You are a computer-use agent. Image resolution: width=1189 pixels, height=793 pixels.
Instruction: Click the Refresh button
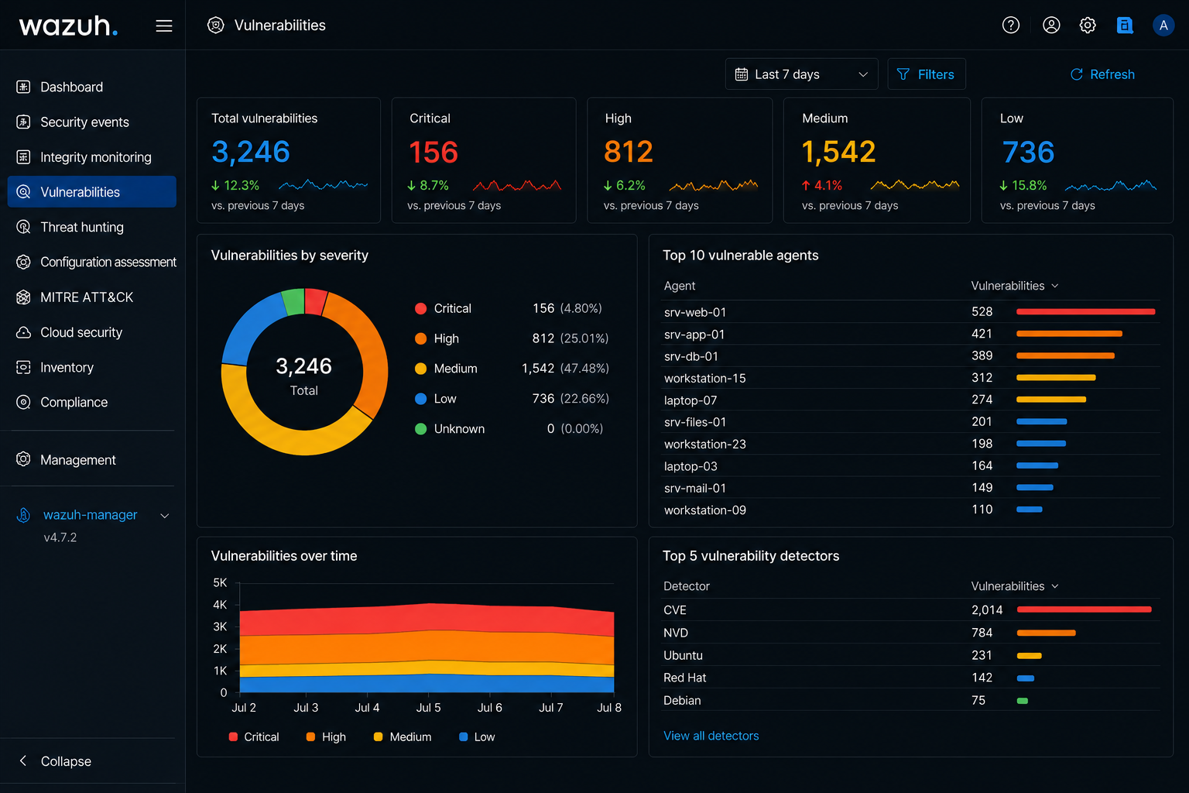point(1102,74)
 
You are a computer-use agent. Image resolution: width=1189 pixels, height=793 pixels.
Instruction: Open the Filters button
point(927,74)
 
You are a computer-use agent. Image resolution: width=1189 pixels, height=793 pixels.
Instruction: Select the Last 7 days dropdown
point(801,74)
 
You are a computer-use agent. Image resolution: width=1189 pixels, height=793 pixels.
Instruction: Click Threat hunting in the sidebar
point(82,228)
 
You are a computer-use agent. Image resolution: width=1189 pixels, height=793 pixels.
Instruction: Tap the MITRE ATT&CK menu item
point(87,297)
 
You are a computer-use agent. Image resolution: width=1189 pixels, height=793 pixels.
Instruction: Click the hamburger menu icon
point(164,26)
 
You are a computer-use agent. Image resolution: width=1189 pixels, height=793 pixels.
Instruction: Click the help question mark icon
point(1011,26)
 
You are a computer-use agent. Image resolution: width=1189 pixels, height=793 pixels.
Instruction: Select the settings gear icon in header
point(1088,26)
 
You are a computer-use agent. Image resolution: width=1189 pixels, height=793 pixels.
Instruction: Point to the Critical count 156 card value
point(433,152)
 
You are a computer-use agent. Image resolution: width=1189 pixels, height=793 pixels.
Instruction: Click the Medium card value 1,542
point(838,152)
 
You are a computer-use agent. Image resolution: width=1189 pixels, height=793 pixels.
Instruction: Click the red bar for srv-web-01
point(1085,312)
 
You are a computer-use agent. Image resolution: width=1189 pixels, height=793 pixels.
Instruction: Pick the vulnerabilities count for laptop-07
point(982,400)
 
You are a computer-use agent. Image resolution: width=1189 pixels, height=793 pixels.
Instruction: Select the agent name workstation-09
point(705,510)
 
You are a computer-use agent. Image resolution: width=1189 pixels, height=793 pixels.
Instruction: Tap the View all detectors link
point(711,736)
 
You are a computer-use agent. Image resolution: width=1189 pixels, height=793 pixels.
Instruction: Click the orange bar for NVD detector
point(1047,633)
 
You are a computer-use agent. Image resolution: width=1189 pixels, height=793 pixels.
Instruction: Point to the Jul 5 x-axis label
point(428,708)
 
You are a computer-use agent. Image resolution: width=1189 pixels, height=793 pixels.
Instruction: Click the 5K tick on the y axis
point(220,582)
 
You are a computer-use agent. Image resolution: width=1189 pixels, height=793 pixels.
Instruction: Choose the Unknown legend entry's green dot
point(420,429)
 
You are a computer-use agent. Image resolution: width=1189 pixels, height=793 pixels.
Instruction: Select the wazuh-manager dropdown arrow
point(165,516)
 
